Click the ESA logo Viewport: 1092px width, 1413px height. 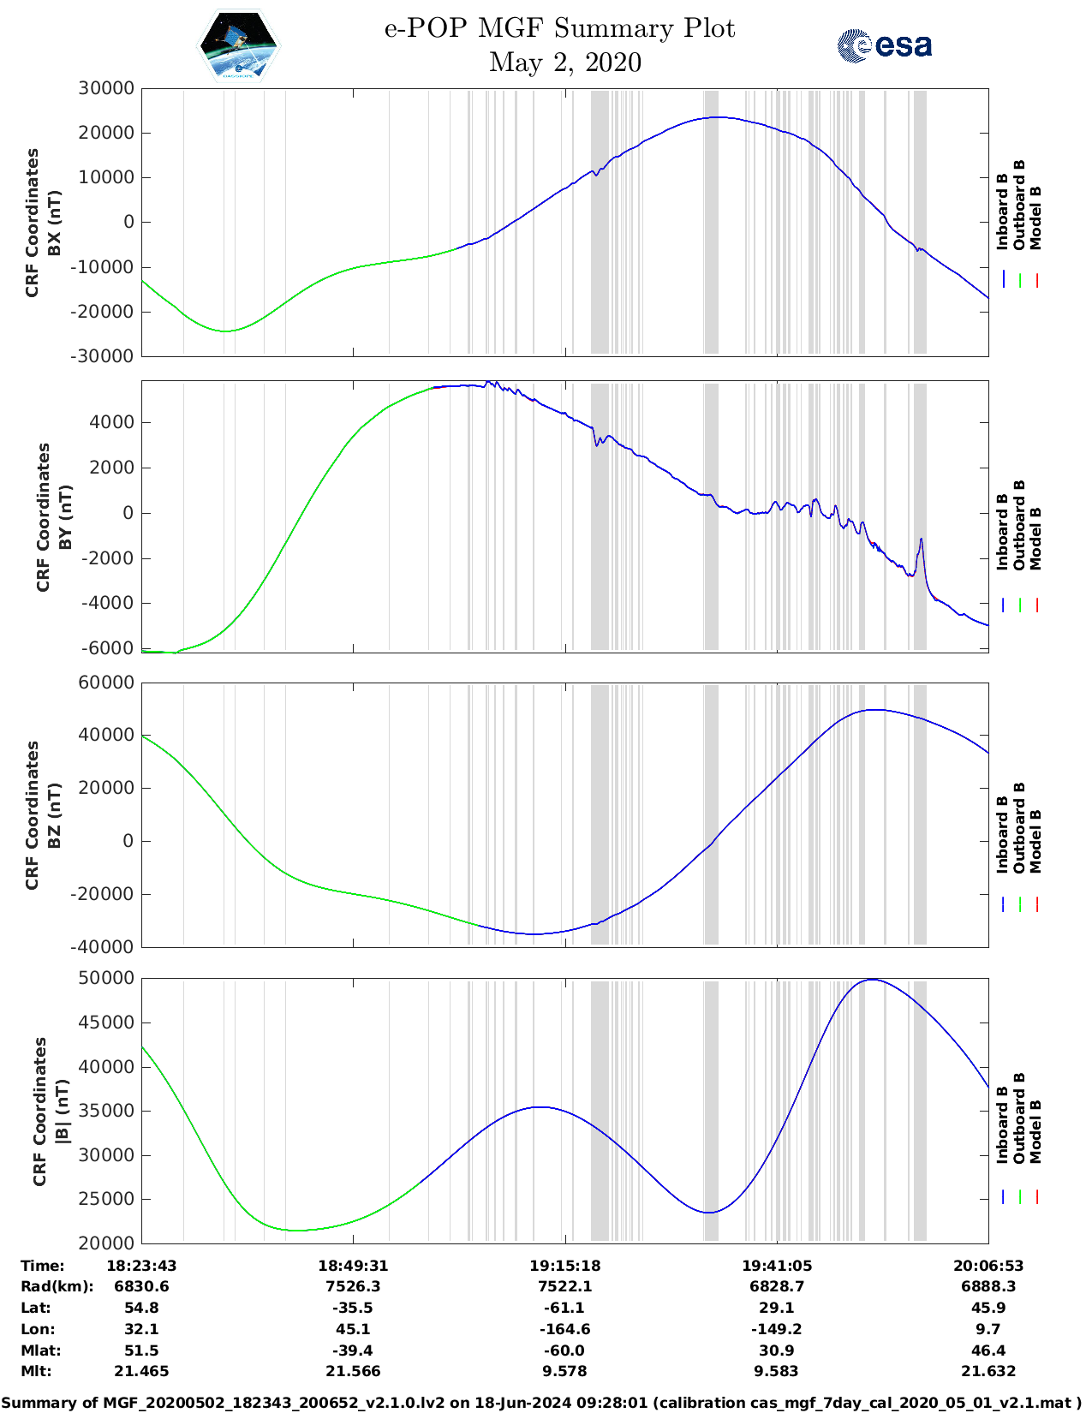pos(884,45)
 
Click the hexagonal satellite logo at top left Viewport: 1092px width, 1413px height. pos(239,46)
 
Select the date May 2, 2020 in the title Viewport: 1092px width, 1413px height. pos(564,63)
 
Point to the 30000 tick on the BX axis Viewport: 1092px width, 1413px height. pos(106,88)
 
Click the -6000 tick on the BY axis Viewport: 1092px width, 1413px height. pos(108,648)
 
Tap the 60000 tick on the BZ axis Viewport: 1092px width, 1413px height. pos(106,683)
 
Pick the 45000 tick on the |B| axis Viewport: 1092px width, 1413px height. pos(106,1022)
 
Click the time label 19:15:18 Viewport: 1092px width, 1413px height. pos(564,1266)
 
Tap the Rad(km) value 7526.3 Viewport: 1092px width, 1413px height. pos(353,1286)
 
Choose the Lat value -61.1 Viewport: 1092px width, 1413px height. pos(564,1308)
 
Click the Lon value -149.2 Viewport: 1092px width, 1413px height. pos(776,1329)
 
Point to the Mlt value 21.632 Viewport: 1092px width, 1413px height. pos(988,1371)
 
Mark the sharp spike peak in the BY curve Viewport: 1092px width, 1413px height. pos(921,540)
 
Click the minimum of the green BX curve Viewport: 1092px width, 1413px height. pos(225,331)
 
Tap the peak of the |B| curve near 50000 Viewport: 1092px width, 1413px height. pos(872,980)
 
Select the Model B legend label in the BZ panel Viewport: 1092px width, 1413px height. pos(1035,841)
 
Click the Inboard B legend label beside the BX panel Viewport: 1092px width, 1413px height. pos(1002,212)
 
